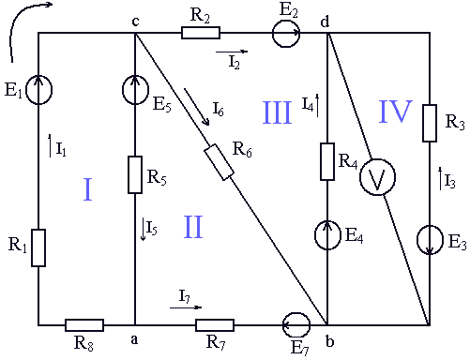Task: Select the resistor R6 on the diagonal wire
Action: pos(219,162)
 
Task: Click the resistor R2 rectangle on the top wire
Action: pos(201,33)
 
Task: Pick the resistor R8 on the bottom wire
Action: pos(84,325)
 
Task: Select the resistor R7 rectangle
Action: pos(215,325)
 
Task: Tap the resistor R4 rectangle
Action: pos(327,161)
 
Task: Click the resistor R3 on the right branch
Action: pos(430,123)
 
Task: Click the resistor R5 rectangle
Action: pos(135,174)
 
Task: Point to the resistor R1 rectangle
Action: pos(38,247)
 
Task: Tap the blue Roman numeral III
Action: pos(277,112)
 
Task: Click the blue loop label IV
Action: pos(396,112)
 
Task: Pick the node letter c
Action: pos(135,22)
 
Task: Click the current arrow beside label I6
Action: pos(197,107)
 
